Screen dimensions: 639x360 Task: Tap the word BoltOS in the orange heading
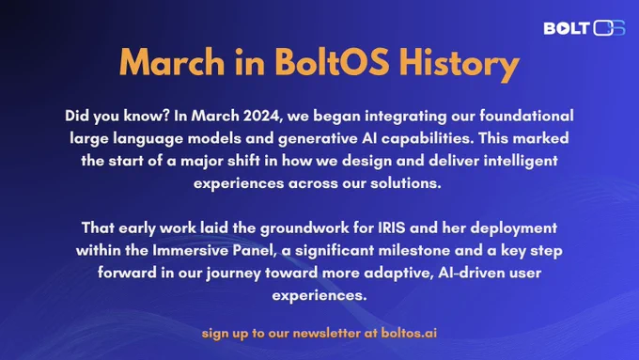pos(332,61)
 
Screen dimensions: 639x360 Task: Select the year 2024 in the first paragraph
pos(262,117)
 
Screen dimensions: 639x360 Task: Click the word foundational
pos(526,116)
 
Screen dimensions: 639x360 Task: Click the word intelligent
pos(521,161)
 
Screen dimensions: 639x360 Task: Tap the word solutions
pos(406,183)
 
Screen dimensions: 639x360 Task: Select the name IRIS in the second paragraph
pos(392,227)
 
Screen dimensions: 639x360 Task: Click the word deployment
pos(513,228)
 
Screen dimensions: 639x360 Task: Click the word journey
pos(233,274)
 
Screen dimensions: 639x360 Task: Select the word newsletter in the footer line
pos(326,334)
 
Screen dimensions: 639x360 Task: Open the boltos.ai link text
pos(409,334)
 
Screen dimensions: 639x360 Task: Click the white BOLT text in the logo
pos(567,28)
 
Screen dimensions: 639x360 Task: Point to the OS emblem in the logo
pos(609,27)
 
